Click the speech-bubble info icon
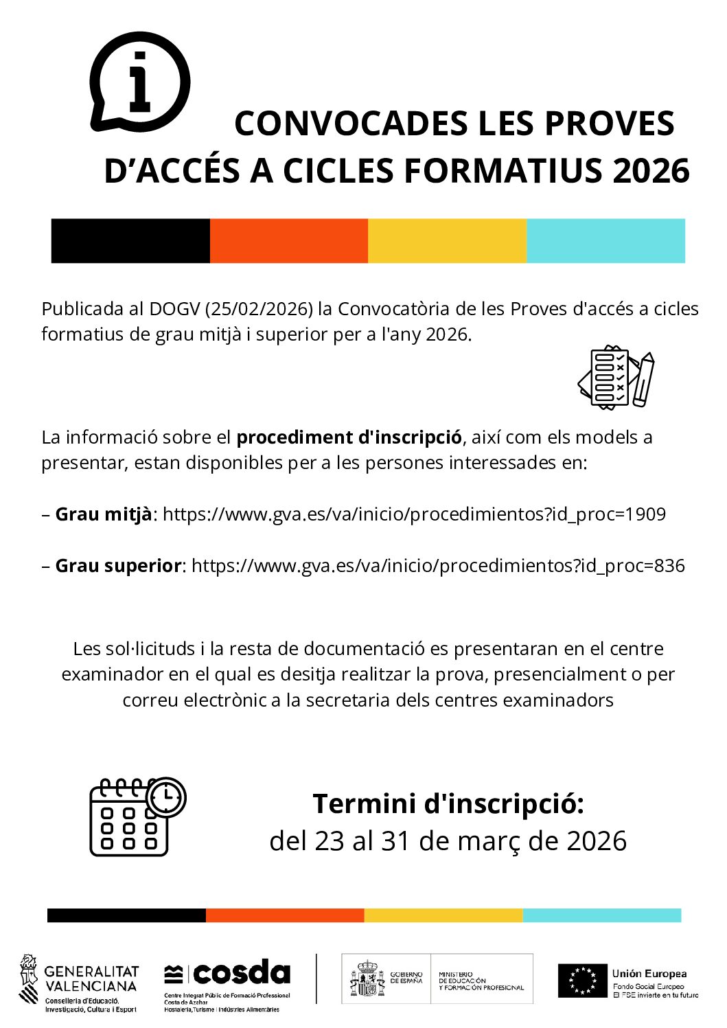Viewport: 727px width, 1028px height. click(139, 82)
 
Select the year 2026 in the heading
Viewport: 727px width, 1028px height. click(651, 171)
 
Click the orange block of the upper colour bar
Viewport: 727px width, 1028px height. click(288, 241)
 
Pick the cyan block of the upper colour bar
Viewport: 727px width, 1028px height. click(605, 241)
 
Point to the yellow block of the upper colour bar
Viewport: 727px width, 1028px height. click(447, 241)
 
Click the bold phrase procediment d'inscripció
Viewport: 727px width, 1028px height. click(349, 437)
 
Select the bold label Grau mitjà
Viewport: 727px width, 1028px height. click(104, 514)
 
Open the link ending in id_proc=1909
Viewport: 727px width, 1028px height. click(414, 514)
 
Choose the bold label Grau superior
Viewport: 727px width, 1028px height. click(118, 566)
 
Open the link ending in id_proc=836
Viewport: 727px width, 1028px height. click(438, 566)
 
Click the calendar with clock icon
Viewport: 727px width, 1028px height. click(137, 816)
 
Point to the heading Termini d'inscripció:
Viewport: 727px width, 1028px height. click(448, 803)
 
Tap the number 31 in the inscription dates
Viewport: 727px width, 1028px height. click(395, 841)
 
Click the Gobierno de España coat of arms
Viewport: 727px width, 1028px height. click(368, 979)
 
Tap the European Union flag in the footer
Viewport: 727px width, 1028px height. click(582, 981)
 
